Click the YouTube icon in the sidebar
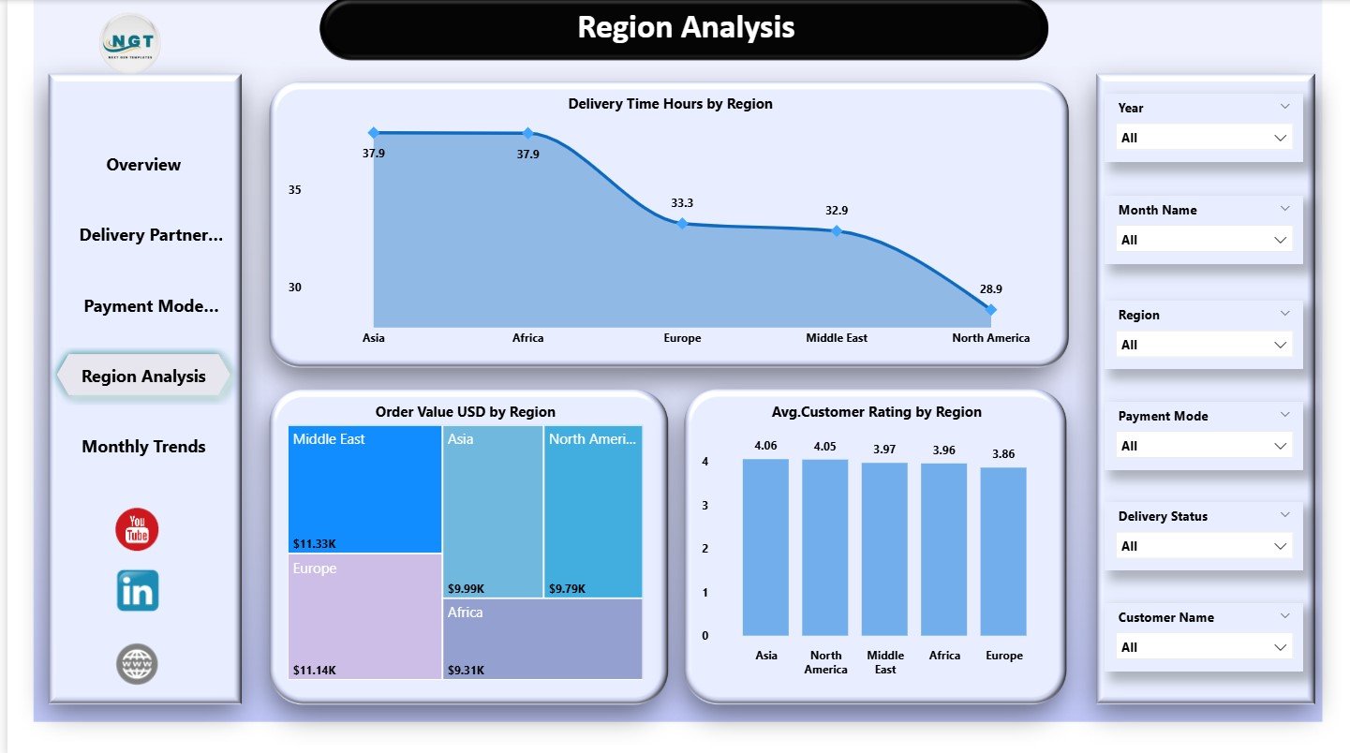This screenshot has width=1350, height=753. click(137, 530)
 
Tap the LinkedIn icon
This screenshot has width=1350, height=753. click(138, 590)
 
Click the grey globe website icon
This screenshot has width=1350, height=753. click(137, 664)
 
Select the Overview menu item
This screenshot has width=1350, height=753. click(143, 165)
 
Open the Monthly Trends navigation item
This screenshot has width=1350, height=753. click(143, 447)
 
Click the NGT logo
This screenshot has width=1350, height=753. click(130, 42)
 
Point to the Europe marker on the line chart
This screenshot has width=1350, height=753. click(682, 223)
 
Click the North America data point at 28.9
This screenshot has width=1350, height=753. click(990, 309)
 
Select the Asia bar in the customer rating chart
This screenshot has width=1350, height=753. click(765, 548)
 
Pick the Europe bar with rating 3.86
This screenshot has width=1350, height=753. click(1003, 552)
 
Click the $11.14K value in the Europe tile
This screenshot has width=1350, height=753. click(313, 670)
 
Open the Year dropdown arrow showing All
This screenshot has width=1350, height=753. click(1280, 138)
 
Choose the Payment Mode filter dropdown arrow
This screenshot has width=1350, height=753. click(1280, 446)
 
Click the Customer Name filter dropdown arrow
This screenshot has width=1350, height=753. click(1280, 647)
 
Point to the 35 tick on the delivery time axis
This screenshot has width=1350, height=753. click(295, 190)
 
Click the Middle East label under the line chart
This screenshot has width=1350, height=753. click(836, 338)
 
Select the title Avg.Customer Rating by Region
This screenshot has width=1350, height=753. click(875, 412)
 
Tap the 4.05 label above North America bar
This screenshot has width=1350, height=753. click(824, 446)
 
